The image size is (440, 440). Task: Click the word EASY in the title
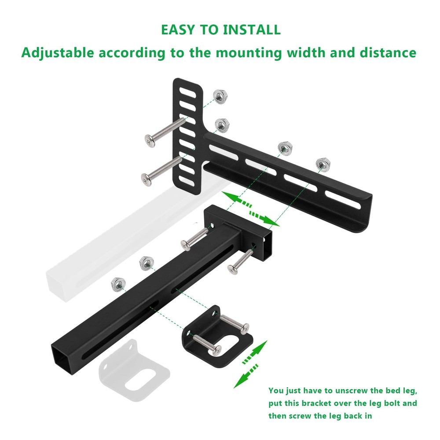(176, 30)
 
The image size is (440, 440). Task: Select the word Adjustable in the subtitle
(58, 53)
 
